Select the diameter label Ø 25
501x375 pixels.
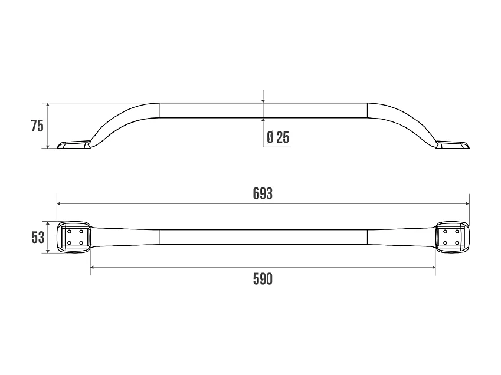pos(278,137)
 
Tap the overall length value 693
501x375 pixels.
pos(263,193)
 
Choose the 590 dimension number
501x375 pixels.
pos(263,279)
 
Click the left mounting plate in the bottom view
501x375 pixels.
pos(74,237)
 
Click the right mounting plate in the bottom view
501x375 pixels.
pos(452,237)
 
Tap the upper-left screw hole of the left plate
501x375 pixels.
pos(69,232)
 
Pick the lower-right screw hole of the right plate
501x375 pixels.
pos(457,243)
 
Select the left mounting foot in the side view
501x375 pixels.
pos(73,144)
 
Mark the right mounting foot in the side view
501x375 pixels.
pos(453,144)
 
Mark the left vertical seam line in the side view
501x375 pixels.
pos(159,110)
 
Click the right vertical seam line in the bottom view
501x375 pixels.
pos(367,237)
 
